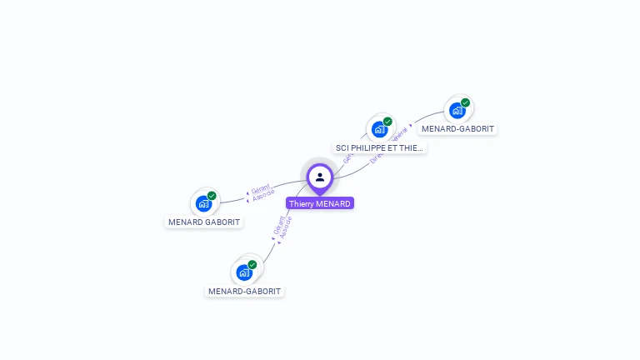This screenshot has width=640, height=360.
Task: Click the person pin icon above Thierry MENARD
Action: click(320, 177)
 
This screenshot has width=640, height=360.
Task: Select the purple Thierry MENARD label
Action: click(320, 203)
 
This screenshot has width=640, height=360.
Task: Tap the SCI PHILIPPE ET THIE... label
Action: click(380, 148)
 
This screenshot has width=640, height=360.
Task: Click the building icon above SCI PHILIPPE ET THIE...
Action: click(379, 129)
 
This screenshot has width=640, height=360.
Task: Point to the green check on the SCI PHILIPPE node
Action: click(387, 122)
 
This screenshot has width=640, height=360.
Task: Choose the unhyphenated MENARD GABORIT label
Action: click(204, 222)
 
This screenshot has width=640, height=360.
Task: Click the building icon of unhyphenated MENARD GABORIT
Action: click(203, 203)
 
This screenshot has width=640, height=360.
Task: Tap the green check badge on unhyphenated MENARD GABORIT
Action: click(212, 196)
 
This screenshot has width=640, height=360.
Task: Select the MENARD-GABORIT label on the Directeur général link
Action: click(457, 129)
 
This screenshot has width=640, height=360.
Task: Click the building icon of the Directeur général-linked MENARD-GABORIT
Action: click(457, 110)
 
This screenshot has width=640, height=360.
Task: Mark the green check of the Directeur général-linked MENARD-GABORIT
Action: click(465, 102)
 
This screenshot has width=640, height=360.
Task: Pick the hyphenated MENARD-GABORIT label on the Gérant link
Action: click(245, 292)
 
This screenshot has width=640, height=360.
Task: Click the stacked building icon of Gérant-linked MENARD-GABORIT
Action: click(243, 272)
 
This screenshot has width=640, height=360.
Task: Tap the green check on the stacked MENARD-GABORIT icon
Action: click(252, 265)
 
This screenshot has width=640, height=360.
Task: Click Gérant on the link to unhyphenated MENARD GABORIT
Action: click(260, 189)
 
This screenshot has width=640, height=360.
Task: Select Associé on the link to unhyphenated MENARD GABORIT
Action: click(262, 195)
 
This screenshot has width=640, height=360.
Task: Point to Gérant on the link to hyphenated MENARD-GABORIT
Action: click(279, 224)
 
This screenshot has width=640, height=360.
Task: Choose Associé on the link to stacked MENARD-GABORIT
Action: click(286, 227)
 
